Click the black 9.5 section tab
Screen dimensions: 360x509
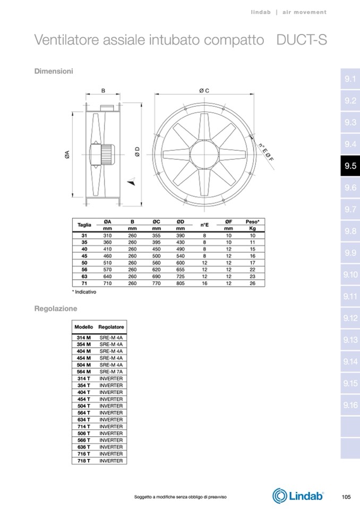[x=350, y=166]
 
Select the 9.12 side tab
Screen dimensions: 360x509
[x=350, y=318]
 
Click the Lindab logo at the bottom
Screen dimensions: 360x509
[x=298, y=496]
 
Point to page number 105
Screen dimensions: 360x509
[x=346, y=497]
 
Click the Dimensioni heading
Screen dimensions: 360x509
[x=54, y=71]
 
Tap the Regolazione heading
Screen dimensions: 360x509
[x=56, y=308]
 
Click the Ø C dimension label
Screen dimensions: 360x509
[x=204, y=91]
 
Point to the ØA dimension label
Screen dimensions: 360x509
[x=67, y=154]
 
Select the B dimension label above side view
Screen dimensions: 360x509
[x=103, y=91]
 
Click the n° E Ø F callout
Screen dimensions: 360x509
[x=266, y=152]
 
